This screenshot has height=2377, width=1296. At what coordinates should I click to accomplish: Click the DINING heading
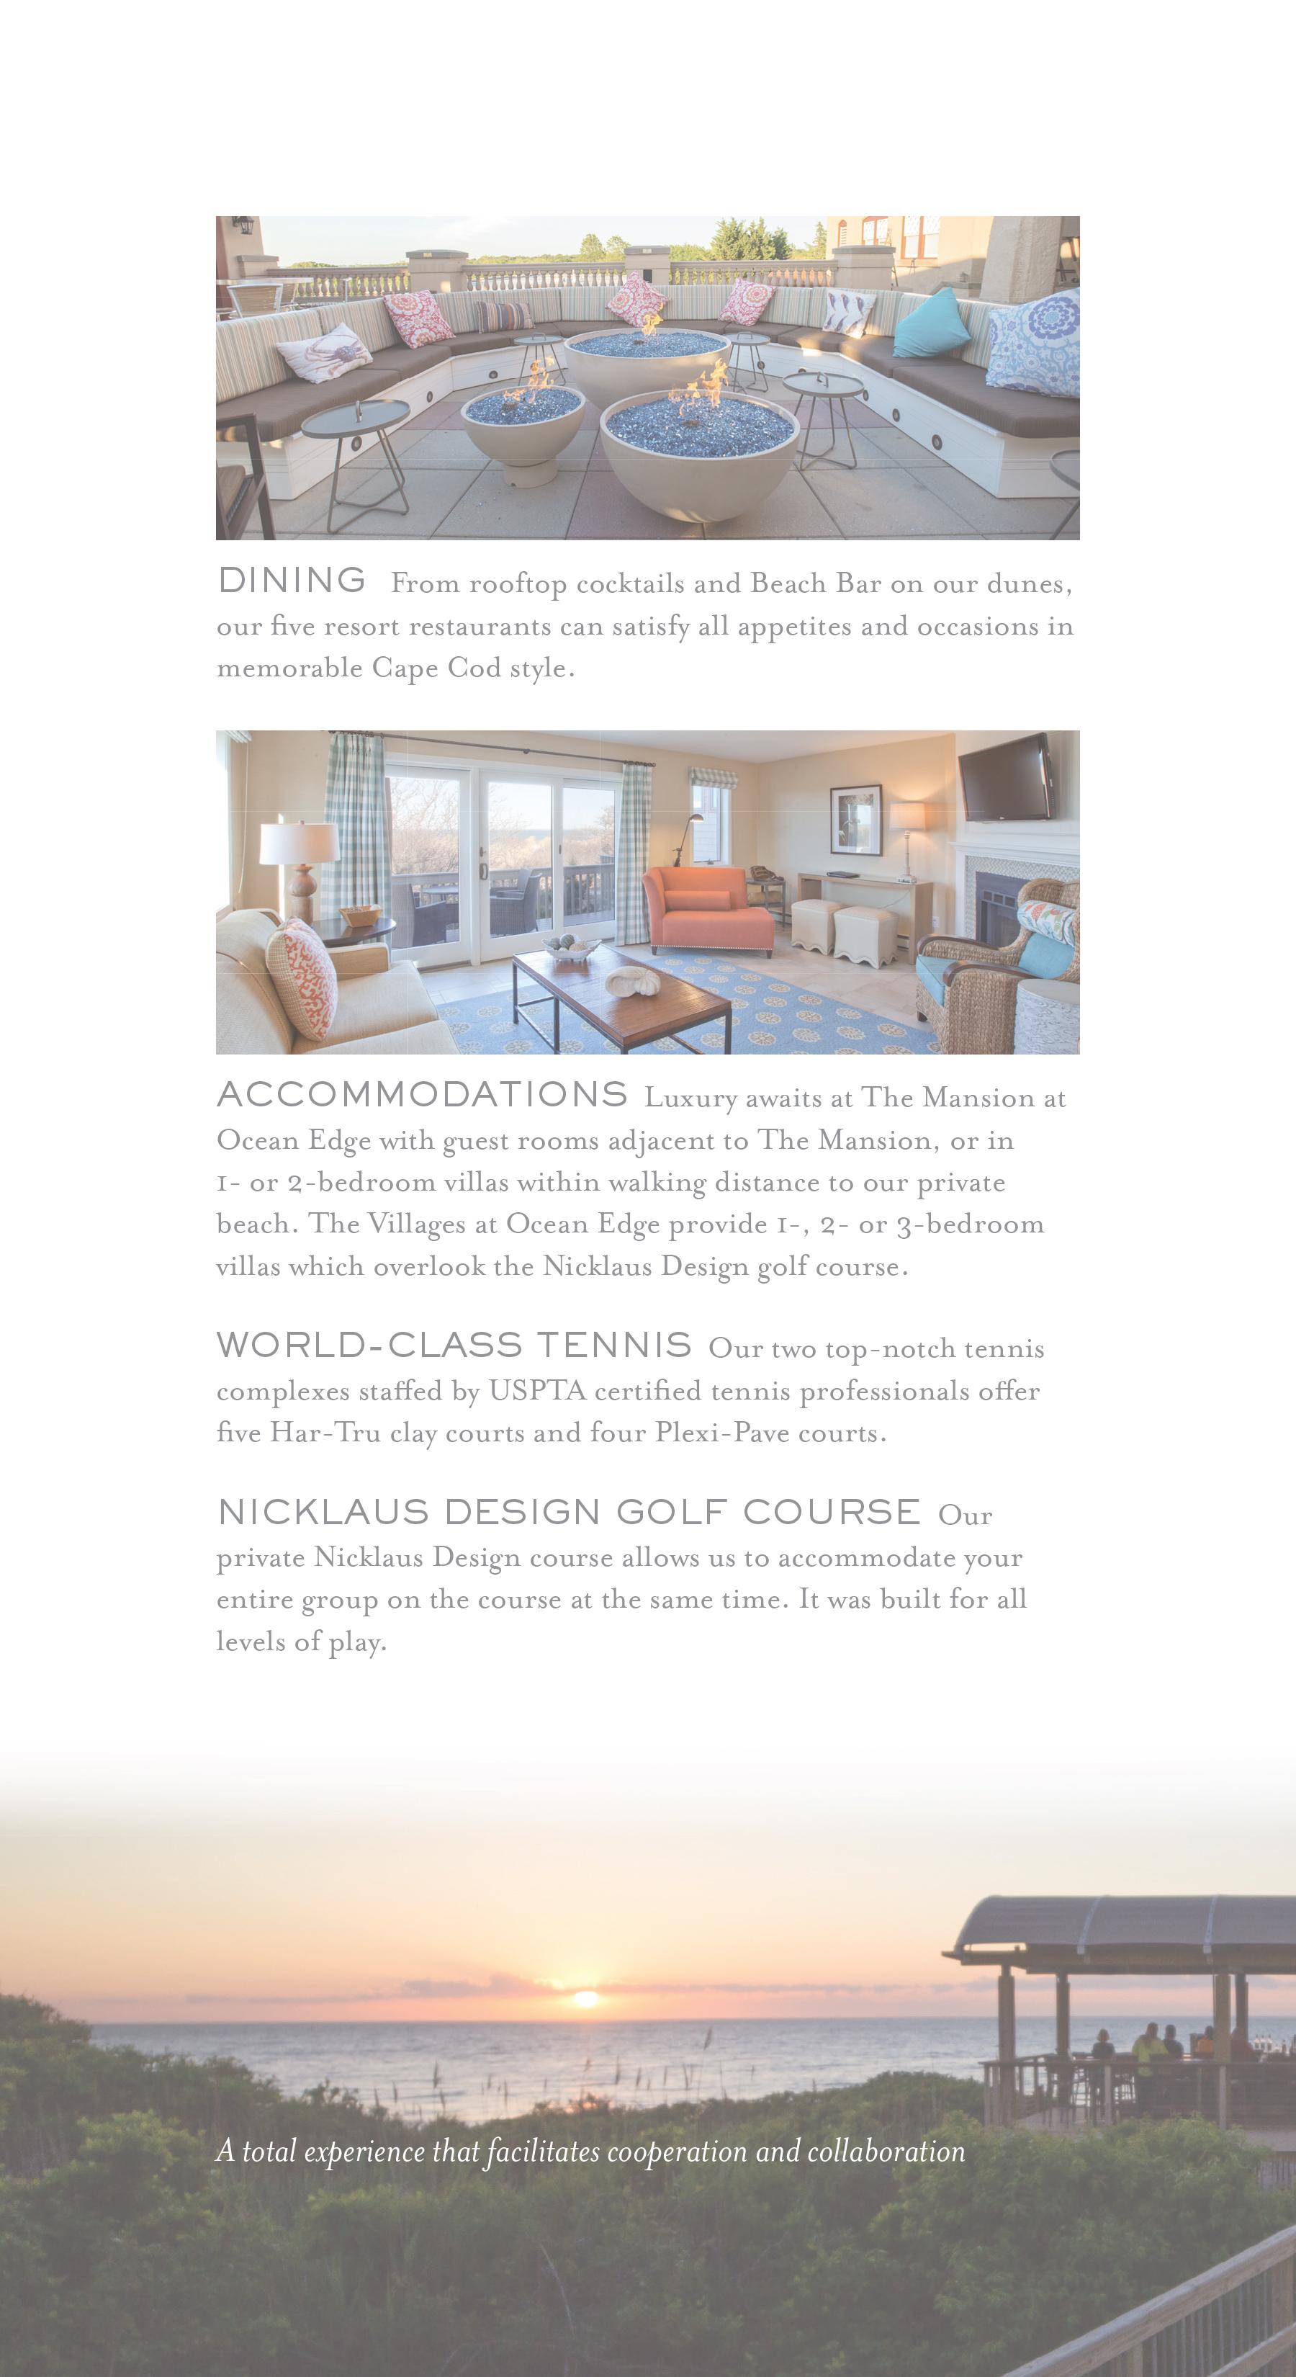292,581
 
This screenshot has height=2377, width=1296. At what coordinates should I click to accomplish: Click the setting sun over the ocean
585,1999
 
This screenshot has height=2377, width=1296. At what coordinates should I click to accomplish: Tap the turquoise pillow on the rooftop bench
931,323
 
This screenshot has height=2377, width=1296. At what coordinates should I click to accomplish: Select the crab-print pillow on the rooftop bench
324,352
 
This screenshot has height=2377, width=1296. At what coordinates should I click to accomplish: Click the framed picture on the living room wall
855,820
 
